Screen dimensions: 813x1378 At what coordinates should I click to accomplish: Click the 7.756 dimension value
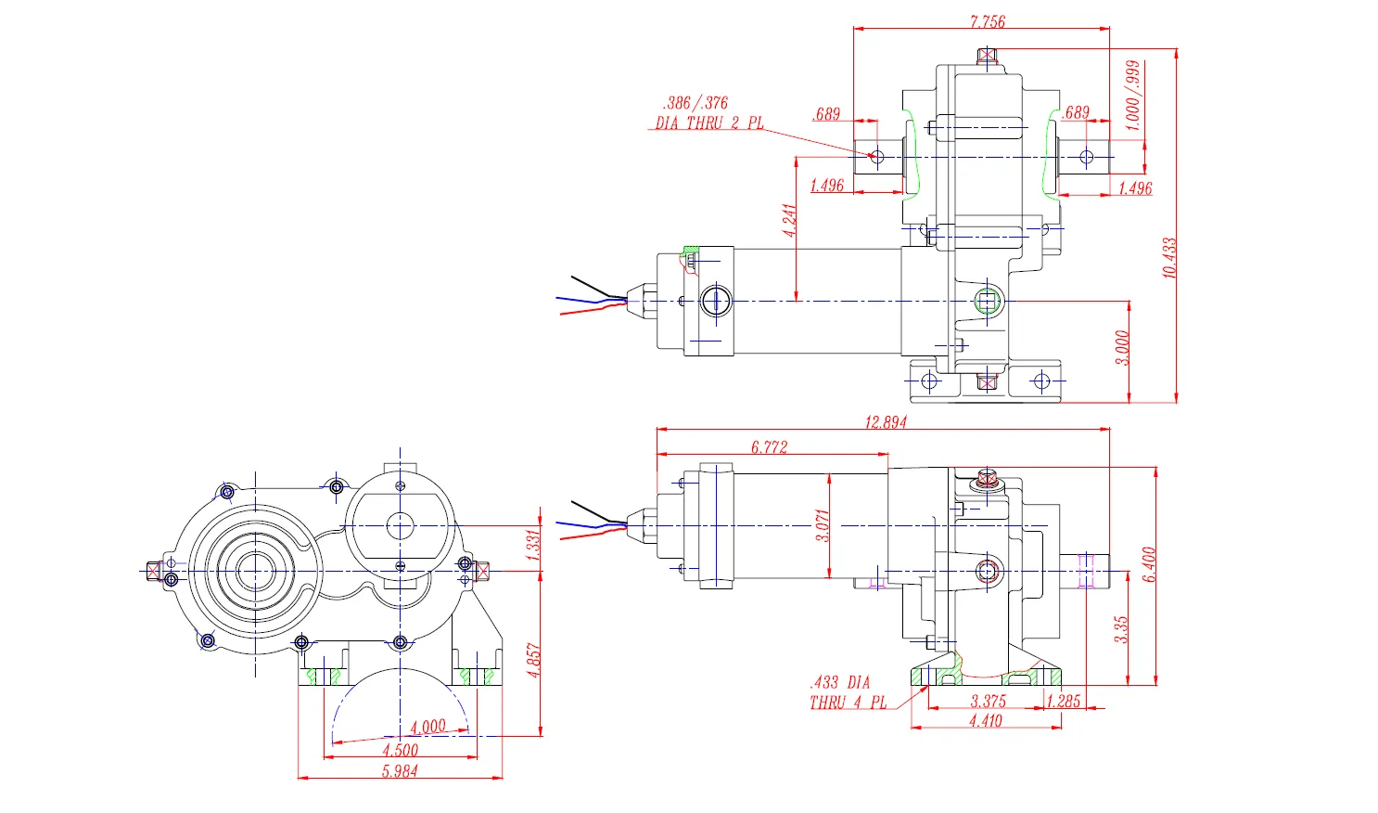pyautogui.click(x=987, y=21)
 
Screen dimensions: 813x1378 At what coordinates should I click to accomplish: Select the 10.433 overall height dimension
pyautogui.click(x=1168, y=257)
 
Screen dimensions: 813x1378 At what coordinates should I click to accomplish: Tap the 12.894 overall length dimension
pyautogui.click(x=886, y=422)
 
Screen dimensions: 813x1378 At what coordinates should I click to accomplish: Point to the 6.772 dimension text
pyautogui.click(x=769, y=447)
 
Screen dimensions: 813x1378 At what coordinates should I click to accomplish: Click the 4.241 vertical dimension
pyautogui.click(x=789, y=221)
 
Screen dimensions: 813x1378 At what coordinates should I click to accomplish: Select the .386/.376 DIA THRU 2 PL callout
pyautogui.click(x=708, y=113)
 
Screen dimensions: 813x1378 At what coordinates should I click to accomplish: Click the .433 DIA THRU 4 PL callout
pyautogui.click(x=847, y=692)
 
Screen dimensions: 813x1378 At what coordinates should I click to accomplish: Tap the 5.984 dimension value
pyautogui.click(x=400, y=770)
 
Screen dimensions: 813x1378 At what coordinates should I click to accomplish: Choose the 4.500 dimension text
pyautogui.click(x=400, y=750)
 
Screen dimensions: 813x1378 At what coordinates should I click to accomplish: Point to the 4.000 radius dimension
pyautogui.click(x=427, y=727)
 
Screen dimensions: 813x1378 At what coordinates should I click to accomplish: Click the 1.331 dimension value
pyautogui.click(x=533, y=545)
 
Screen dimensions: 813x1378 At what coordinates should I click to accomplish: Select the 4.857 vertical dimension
pyautogui.click(x=533, y=660)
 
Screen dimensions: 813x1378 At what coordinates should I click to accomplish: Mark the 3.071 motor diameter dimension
pyautogui.click(x=822, y=526)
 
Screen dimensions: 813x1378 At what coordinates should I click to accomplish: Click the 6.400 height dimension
pyautogui.click(x=1149, y=564)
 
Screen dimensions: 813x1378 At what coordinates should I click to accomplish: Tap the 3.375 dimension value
pyautogui.click(x=988, y=702)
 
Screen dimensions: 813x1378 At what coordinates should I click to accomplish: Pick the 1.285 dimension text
pyautogui.click(x=1064, y=702)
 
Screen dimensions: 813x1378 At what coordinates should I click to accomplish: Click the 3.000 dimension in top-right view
pyautogui.click(x=1122, y=348)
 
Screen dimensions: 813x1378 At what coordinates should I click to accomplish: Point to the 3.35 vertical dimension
pyautogui.click(x=1121, y=629)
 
